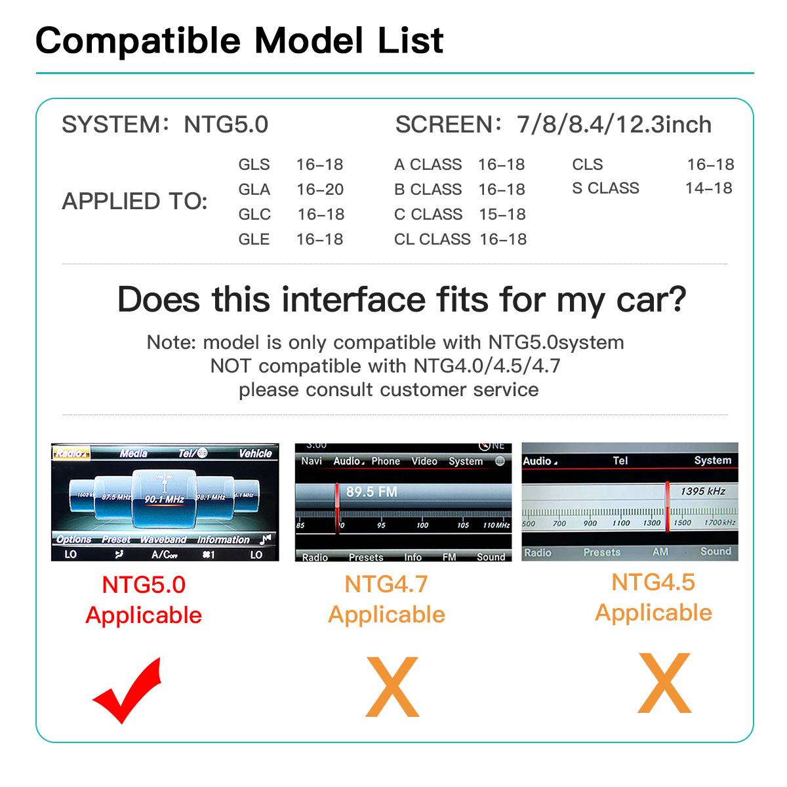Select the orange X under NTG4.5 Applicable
664,683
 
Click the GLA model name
254,190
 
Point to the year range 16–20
320,190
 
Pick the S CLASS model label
605,188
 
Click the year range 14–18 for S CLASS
709,188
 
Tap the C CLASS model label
428,214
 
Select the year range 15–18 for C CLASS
502,214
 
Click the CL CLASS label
432,239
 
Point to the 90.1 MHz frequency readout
165,500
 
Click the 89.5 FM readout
371,492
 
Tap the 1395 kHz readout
702,491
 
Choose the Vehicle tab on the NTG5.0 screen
255,453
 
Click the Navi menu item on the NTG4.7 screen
312,461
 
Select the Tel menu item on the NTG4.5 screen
620,461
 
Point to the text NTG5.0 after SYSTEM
226,125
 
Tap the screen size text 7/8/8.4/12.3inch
615,125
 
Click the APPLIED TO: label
134,201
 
